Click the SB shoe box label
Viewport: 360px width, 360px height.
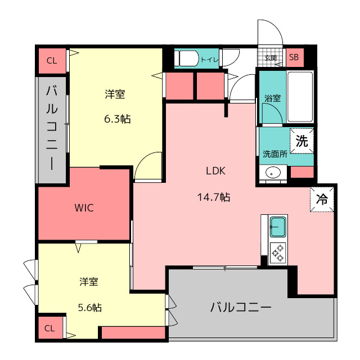pyautogui.click(x=294, y=57)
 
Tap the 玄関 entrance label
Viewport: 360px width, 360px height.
pyautogui.click(x=271, y=58)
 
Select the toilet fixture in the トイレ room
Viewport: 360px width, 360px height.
pyautogui.click(x=186, y=58)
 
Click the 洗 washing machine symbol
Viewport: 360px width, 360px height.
pyautogui.click(x=301, y=141)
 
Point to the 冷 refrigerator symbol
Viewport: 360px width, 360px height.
pyautogui.click(x=322, y=199)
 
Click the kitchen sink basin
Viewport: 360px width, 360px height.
pyautogui.click(x=278, y=227)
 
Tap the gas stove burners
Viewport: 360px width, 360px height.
pyautogui.click(x=278, y=253)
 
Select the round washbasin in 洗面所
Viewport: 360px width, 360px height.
pyautogui.click(x=273, y=173)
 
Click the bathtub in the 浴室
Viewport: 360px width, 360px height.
pyautogui.click(x=300, y=97)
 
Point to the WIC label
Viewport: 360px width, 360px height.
pyautogui.click(x=84, y=208)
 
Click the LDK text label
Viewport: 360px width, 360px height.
pyautogui.click(x=215, y=171)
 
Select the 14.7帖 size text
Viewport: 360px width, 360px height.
pyautogui.click(x=214, y=197)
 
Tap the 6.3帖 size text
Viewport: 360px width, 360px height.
pyautogui.click(x=118, y=119)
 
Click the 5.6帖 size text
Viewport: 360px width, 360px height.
pyautogui.click(x=90, y=308)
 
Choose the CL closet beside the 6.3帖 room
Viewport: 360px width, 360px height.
pyautogui.click(x=52, y=61)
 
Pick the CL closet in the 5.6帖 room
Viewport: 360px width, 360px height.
pyautogui.click(x=50, y=328)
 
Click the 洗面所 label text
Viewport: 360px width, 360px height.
pyautogui.click(x=275, y=154)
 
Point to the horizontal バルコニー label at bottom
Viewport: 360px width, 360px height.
pyautogui.click(x=241, y=307)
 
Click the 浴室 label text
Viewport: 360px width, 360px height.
pyautogui.click(x=272, y=98)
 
